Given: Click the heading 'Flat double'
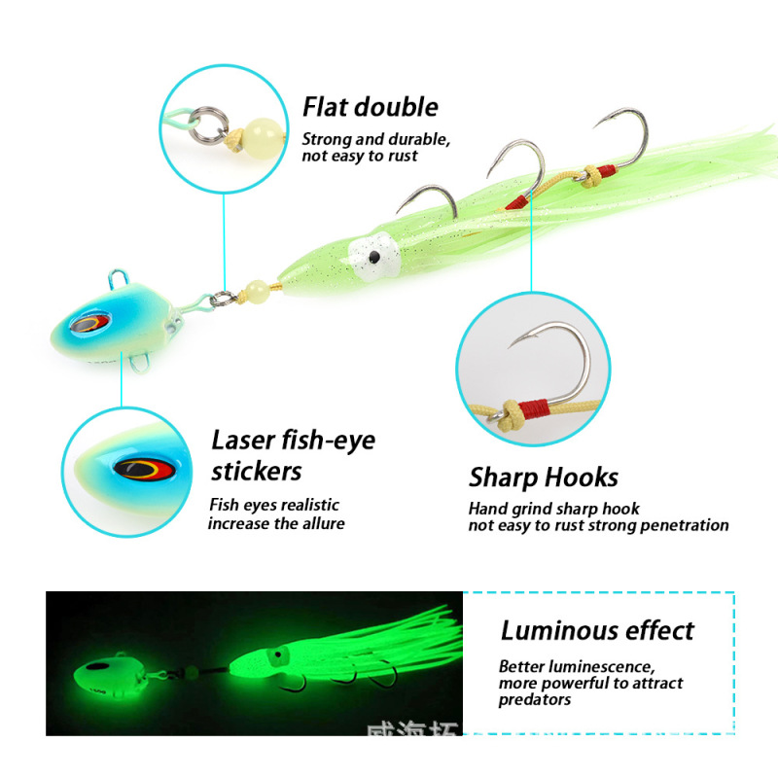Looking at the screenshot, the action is (370, 107).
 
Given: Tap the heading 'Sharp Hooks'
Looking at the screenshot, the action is (543, 477).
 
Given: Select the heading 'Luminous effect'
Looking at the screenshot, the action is (597, 630).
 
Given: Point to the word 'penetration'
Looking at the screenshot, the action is (682, 525).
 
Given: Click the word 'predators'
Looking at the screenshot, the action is (535, 699).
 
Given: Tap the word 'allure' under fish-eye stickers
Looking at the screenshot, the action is (320, 523).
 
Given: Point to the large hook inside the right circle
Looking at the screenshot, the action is (553, 360).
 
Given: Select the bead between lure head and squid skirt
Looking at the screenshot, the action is (257, 288).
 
